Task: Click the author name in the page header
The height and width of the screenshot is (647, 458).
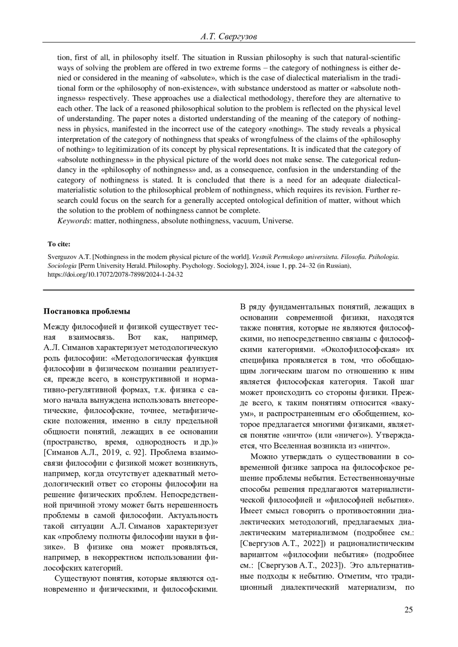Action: (x=228, y=37)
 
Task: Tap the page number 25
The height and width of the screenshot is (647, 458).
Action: (x=408, y=610)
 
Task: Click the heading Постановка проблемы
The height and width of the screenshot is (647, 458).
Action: (x=87, y=311)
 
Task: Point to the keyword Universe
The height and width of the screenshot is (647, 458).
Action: (x=278, y=221)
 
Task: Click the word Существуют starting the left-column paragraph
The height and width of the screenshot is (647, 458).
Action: (x=75, y=579)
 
